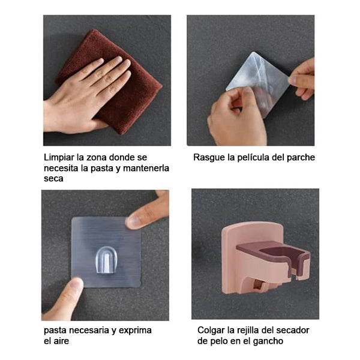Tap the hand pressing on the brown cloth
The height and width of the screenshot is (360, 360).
pyautogui.click(x=85, y=97)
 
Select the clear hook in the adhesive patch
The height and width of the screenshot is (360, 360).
pyautogui.click(x=107, y=260)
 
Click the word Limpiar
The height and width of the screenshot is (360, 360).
pyautogui.click(x=59, y=157)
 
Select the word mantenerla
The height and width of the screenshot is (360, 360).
pyautogui.click(x=146, y=168)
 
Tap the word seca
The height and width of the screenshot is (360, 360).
pyautogui.click(x=53, y=179)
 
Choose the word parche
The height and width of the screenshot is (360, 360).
pyautogui.click(x=301, y=158)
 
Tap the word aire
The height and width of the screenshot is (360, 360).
pyautogui.click(x=61, y=341)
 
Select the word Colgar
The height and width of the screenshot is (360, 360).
pyautogui.click(x=211, y=331)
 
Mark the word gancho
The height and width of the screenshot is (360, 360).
pyautogui.click(x=268, y=341)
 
